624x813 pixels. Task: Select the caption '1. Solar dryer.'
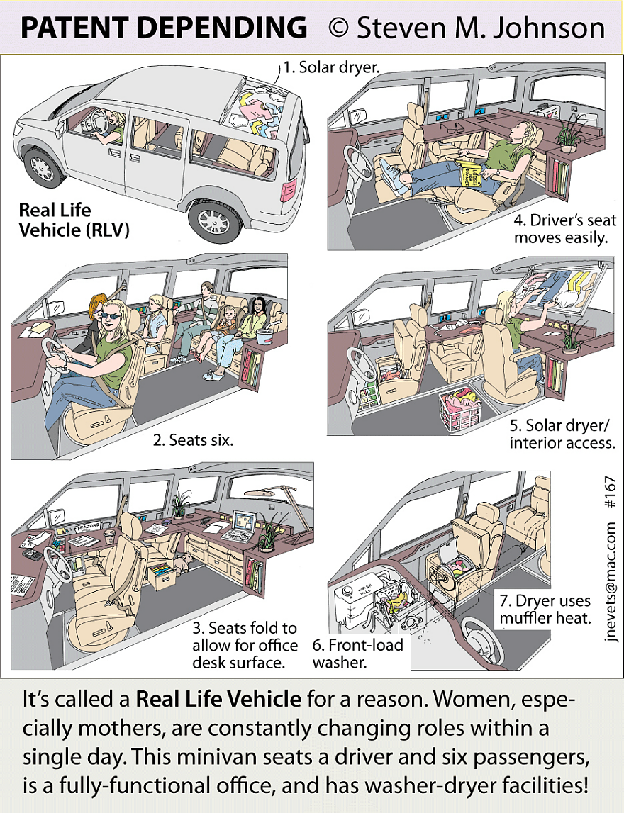point(333,68)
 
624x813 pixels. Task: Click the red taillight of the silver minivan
point(289,190)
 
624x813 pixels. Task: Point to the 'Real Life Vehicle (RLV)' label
point(74,220)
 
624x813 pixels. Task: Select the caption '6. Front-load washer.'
point(357,654)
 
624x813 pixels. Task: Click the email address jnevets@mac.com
point(611,581)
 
